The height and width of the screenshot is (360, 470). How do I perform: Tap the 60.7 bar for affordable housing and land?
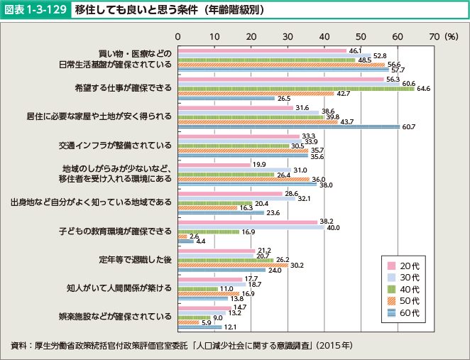point(288,126)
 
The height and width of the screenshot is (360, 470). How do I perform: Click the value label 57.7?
point(398,70)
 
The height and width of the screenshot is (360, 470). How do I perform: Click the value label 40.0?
point(334,228)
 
